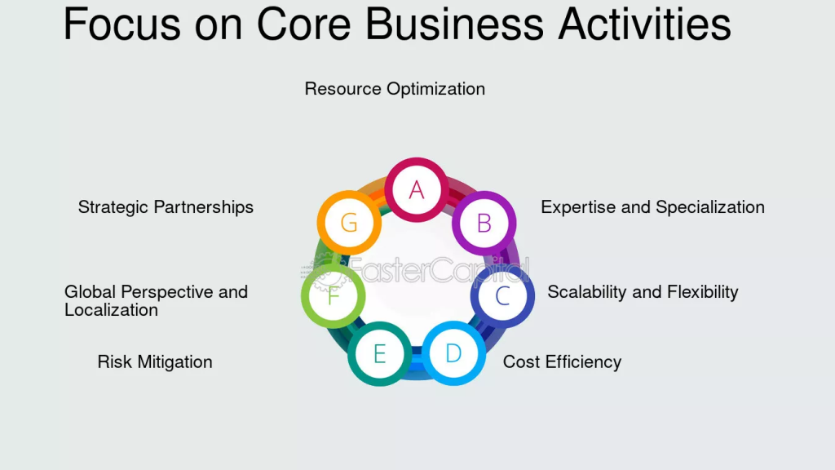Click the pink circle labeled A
pyautogui.click(x=417, y=189)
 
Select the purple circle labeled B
pyautogui.click(x=484, y=223)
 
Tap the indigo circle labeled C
pyautogui.click(x=502, y=295)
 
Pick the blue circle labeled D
pyautogui.click(x=453, y=352)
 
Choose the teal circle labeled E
pyautogui.click(x=380, y=354)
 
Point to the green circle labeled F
pyautogui.click(x=334, y=295)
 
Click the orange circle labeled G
pyautogui.click(x=349, y=222)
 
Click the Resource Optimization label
pyautogui.click(x=395, y=89)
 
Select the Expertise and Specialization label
pyautogui.click(x=652, y=207)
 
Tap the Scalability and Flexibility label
pyautogui.click(x=643, y=292)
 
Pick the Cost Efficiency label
pyautogui.click(x=562, y=361)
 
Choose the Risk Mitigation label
pyautogui.click(x=155, y=361)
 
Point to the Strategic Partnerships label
pyautogui.click(x=166, y=207)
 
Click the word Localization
pyautogui.click(x=111, y=310)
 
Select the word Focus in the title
pyautogui.click(x=122, y=24)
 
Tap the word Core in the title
pyautogui.click(x=304, y=24)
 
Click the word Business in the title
pyautogui.click(x=455, y=24)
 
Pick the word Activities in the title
pyautogui.click(x=645, y=24)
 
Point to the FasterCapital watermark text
pyautogui.click(x=415, y=269)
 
